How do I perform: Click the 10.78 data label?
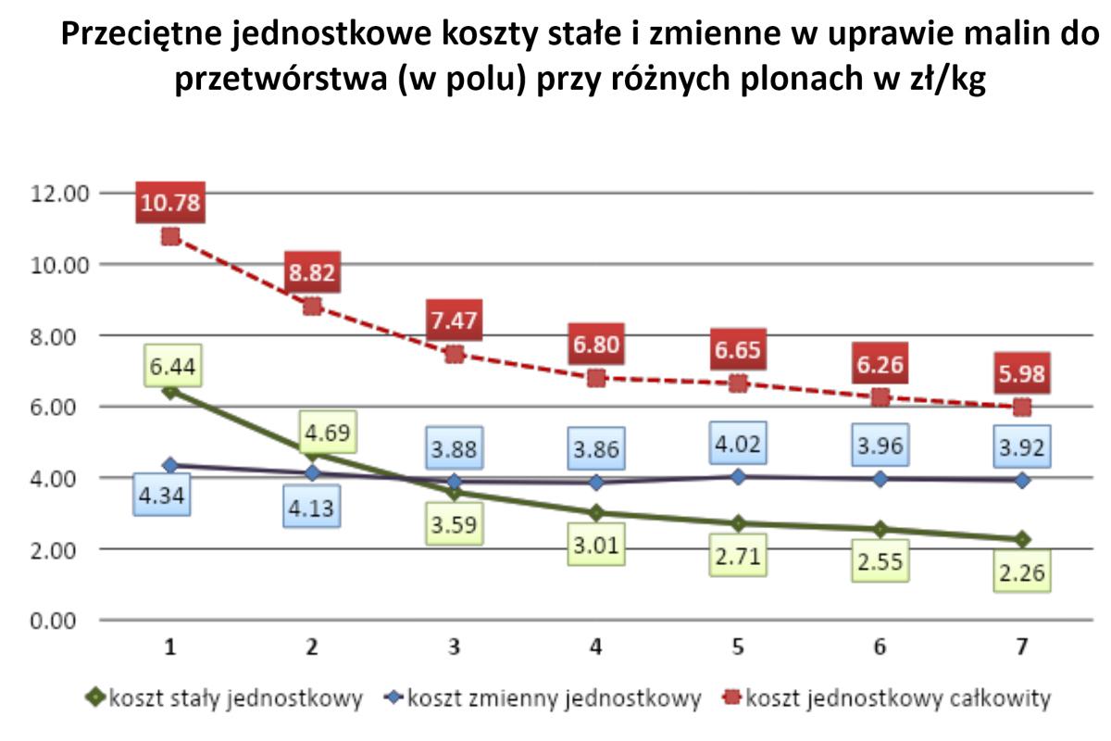170,203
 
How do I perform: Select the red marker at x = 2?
312,307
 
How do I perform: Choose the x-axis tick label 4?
595,647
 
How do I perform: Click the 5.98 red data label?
1022,373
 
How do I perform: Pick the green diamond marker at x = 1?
170,392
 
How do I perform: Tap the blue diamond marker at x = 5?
738,476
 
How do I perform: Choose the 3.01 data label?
595,546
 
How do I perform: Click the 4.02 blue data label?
738,443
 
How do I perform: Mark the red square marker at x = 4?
595,378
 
